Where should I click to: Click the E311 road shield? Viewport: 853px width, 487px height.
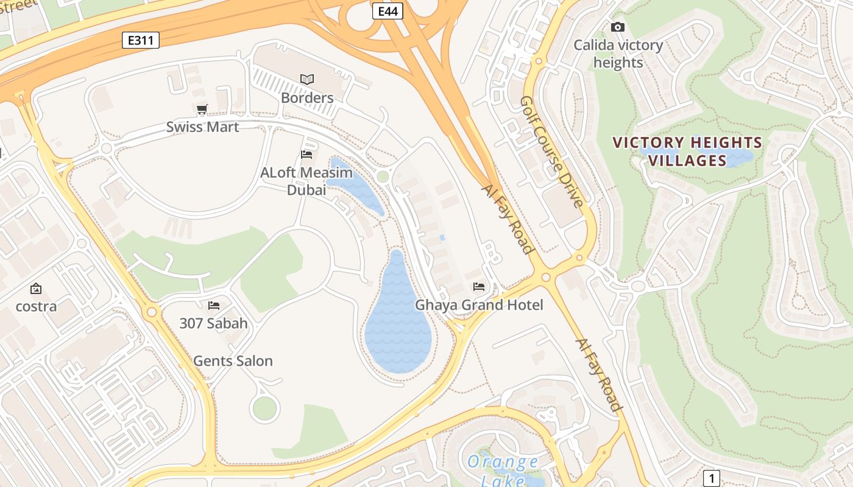click(x=141, y=41)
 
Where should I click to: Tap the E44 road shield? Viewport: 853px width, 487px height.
click(x=388, y=11)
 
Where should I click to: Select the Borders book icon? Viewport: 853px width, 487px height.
click(x=307, y=79)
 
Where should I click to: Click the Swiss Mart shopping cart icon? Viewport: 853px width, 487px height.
click(x=202, y=110)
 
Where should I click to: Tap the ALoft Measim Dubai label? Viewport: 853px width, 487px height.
click(x=306, y=181)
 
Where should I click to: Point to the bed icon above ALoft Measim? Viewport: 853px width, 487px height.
click(x=306, y=155)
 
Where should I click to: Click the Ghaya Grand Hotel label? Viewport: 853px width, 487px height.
click(x=479, y=304)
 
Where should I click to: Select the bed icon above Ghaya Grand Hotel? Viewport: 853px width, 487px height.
click(x=479, y=286)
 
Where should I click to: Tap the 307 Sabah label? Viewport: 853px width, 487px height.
click(x=213, y=323)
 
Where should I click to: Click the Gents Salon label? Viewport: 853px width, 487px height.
click(x=233, y=361)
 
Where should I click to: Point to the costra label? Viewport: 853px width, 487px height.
click(x=36, y=306)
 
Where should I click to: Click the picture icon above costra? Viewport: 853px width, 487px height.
click(x=36, y=288)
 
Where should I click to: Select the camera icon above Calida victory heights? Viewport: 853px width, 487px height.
click(x=618, y=27)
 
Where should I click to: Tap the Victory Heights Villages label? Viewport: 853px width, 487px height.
click(x=687, y=152)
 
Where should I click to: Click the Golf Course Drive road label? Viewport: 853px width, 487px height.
click(x=553, y=152)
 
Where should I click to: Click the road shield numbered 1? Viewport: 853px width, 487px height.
click(x=712, y=478)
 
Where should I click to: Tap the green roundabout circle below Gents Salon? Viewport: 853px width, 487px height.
click(x=264, y=408)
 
